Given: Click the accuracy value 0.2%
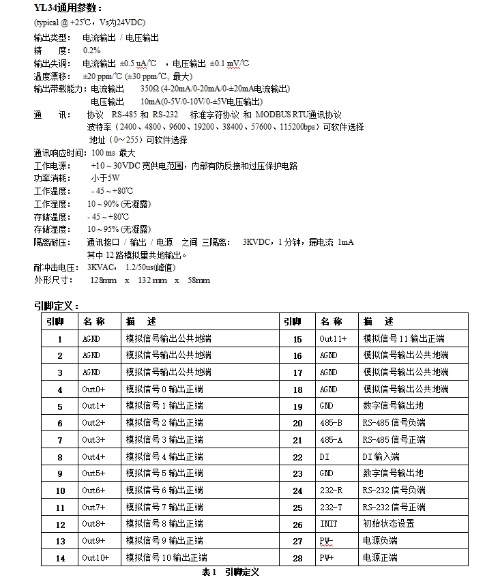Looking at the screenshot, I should (92, 50).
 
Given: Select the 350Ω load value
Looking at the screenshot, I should (149, 89).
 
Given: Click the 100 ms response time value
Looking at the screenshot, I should (97, 153).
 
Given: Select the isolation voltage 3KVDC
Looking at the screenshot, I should (259, 242).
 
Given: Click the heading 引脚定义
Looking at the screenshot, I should (57, 306).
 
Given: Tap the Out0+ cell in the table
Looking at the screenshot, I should (93, 389).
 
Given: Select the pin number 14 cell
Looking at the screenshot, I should (60, 559).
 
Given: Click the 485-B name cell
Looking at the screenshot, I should (331, 423).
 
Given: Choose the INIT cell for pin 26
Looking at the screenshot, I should (328, 524).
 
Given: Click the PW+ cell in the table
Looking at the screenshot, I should (327, 558).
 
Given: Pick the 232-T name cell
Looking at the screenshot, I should (331, 508).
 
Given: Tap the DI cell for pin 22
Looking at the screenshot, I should (324, 457).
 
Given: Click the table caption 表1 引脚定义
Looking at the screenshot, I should (231, 572).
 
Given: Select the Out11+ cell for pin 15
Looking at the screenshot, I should (333, 338).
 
